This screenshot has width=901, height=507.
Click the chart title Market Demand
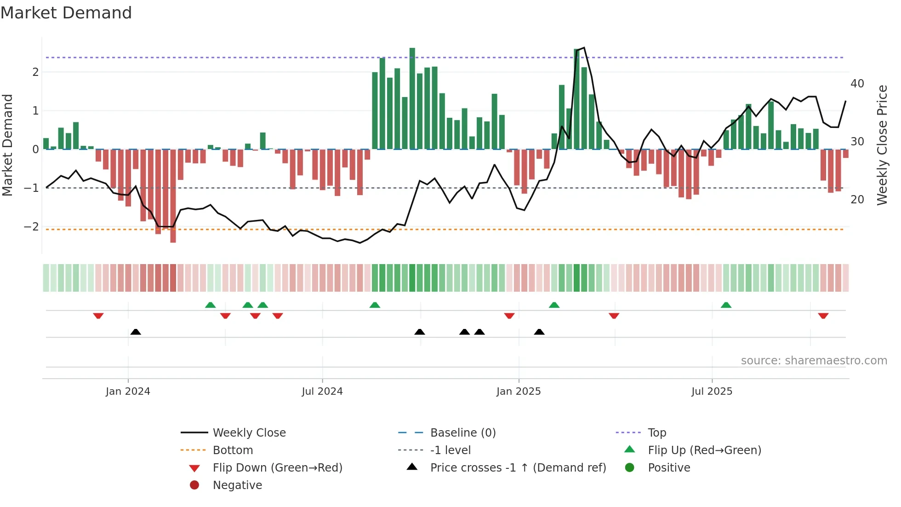(66, 13)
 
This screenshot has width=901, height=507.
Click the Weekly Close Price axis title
(882, 145)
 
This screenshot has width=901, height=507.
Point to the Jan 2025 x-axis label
(519, 392)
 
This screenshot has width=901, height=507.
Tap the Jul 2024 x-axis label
(322, 392)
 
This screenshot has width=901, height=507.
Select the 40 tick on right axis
(857, 84)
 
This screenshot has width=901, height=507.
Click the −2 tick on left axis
(31, 227)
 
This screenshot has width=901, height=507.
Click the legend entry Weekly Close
(249, 433)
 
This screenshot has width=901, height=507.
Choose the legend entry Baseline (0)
(462, 433)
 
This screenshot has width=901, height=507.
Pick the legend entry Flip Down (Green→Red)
(277, 468)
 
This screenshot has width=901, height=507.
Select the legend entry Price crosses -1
(518, 468)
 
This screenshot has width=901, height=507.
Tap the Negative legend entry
(237, 485)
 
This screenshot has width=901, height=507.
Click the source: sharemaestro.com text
(814, 361)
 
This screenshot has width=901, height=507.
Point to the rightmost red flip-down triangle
(823, 316)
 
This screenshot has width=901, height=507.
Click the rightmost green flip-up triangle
(726, 305)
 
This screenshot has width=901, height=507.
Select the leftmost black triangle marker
(136, 332)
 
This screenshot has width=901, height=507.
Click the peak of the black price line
(584, 47)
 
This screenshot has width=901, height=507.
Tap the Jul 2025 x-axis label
(712, 392)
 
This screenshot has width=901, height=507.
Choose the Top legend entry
(656, 433)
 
